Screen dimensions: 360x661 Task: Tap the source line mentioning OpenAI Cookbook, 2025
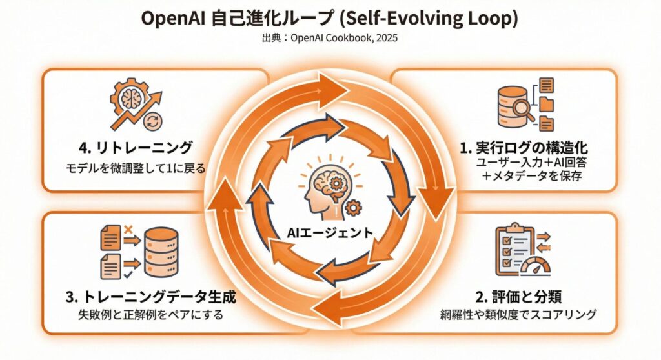click(x=330, y=38)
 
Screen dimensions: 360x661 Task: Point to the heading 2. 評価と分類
click(x=518, y=297)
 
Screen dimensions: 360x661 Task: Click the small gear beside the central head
click(x=354, y=208)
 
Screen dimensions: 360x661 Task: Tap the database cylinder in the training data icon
click(x=162, y=252)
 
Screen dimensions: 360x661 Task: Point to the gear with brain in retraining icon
click(x=127, y=96)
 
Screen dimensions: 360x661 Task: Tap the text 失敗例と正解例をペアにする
click(x=150, y=315)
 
